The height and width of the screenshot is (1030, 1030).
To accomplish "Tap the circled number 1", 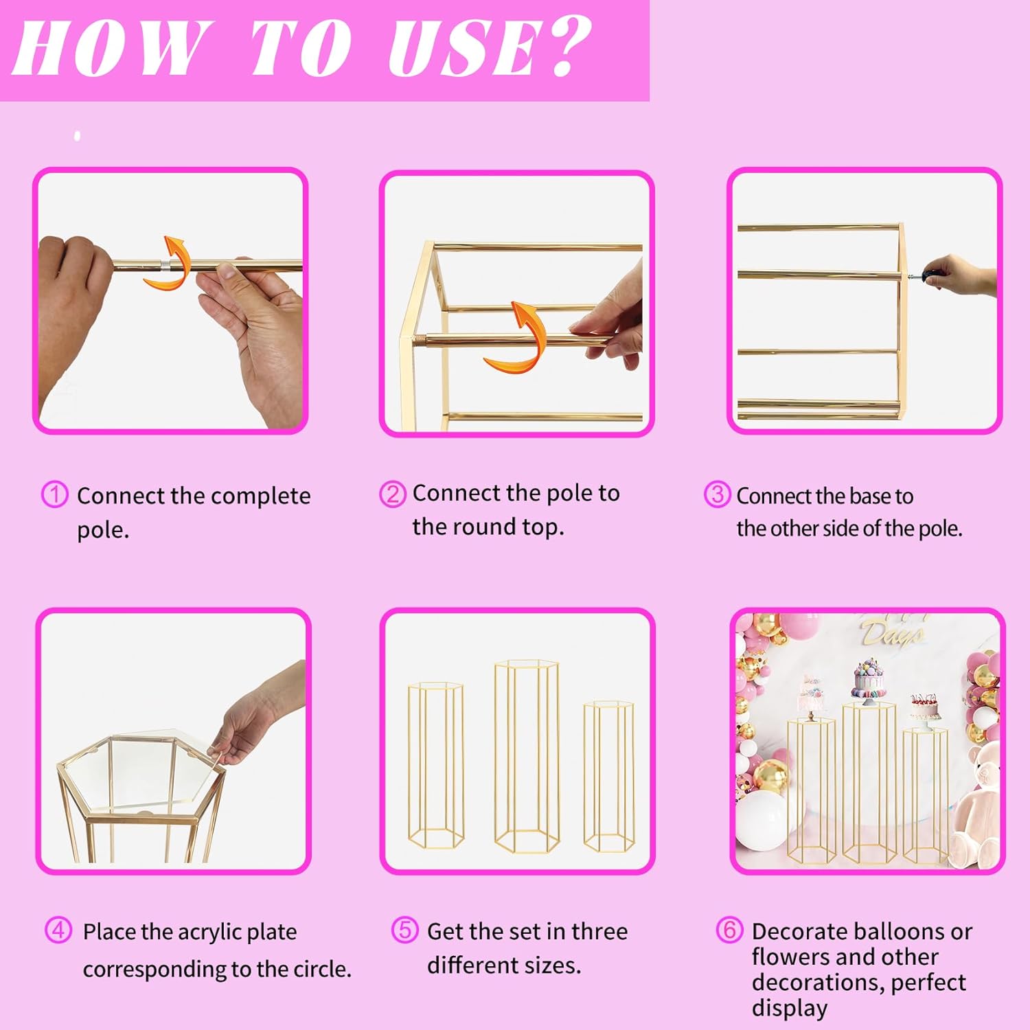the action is pyautogui.click(x=55, y=494).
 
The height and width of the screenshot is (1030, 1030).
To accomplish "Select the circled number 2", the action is pyautogui.click(x=393, y=494).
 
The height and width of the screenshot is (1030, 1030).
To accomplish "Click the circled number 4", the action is pyautogui.click(x=58, y=930).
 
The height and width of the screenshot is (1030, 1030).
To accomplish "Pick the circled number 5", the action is pyautogui.click(x=404, y=930).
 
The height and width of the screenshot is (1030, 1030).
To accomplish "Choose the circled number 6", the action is pyautogui.click(x=729, y=930).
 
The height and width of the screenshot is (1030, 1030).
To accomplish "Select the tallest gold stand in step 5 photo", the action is pyautogui.click(x=527, y=756).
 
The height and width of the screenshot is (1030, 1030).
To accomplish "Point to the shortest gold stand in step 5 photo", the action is pyautogui.click(x=608, y=776).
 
